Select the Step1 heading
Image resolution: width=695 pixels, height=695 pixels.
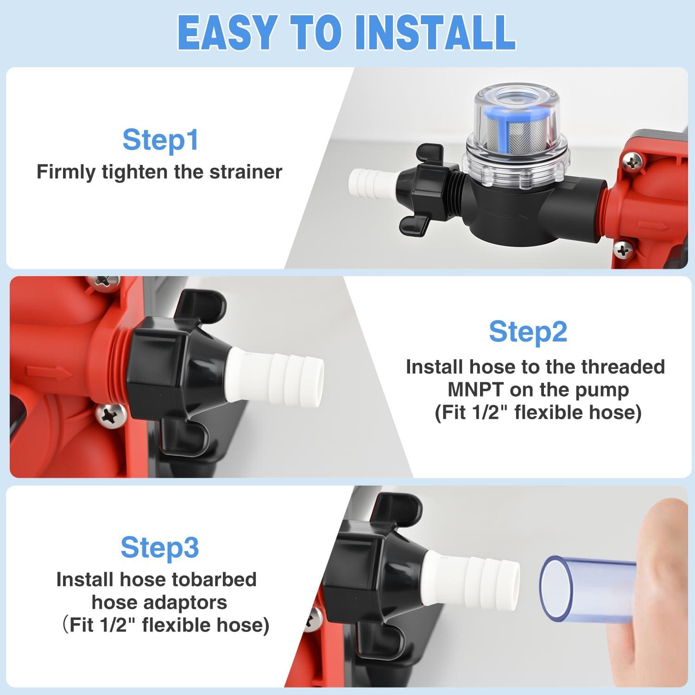160,139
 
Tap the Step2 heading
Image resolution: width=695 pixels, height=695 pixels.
528,332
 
